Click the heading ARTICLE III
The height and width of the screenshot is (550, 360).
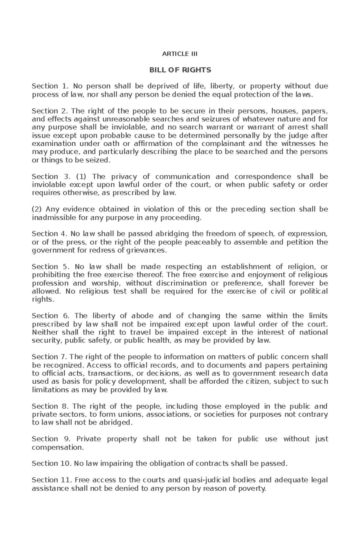coord(180,54)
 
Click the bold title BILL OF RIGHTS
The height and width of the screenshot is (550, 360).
coord(180,70)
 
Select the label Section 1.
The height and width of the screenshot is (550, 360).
coord(48,86)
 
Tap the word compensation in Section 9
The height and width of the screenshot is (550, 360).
coord(57,447)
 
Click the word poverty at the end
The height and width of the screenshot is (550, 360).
coord(252,489)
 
